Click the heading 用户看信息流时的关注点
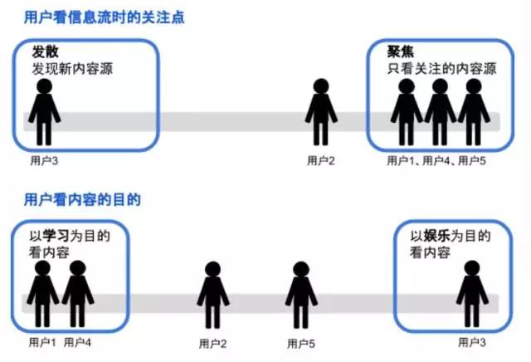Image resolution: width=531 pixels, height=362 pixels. pyautogui.click(x=105, y=17)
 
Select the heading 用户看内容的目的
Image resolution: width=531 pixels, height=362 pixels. pyautogui.click(x=82, y=199)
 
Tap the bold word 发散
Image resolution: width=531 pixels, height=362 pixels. pyautogui.click(x=45, y=51)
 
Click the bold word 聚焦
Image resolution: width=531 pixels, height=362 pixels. pyautogui.click(x=400, y=51)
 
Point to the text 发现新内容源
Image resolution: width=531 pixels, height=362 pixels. pyautogui.click(x=72, y=69)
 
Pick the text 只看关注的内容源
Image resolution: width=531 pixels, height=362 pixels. pyautogui.click(x=441, y=69)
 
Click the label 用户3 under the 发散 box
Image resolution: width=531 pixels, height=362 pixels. pyautogui.click(x=44, y=160)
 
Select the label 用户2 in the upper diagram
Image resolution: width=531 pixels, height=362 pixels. pyautogui.click(x=321, y=160)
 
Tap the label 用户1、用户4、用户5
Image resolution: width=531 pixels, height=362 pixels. pyautogui.click(x=436, y=160)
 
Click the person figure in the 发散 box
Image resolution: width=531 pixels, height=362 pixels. pyautogui.click(x=44, y=112)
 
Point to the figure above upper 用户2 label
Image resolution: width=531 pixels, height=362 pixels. pyautogui.click(x=321, y=112)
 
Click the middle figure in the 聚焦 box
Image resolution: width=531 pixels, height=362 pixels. pyautogui.click(x=440, y=112)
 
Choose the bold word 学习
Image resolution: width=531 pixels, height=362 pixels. pyautogui.click(x=56, y=236)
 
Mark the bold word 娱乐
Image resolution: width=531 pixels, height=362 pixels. pyautogui.click(x=437, y=236)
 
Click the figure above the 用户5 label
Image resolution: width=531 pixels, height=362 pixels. pyautogui.click(x=301, y=295)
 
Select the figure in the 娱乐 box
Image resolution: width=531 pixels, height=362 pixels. pyautogui.click(x=472, y=294)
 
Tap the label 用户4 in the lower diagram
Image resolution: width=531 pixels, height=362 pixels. pyautogui.click(x=77, y=342)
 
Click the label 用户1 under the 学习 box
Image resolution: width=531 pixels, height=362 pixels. pyautogui.click(x=42, y=342)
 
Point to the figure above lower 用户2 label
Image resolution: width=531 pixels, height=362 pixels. pyautogui.click(x=213, y=295)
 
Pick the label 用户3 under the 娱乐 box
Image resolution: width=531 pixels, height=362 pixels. pyautogui.click(x=472, y=342)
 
